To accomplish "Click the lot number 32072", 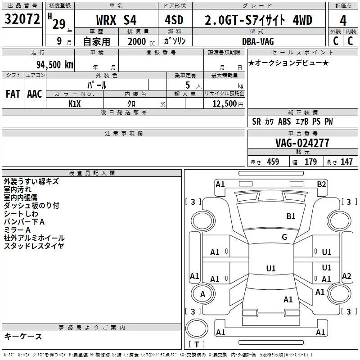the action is (x=22, y=19).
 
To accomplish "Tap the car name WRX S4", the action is (x=116, y=20).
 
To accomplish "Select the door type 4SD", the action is (x=174, y=20).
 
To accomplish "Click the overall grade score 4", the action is (x=343, y=21).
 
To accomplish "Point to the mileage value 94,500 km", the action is (x=55, y=65).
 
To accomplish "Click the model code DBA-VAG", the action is (x=258, y=41).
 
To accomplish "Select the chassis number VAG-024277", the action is (x=302, y=143).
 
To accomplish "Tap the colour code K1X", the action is (x=75, y=104).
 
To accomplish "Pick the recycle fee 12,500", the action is (x=225, y=103).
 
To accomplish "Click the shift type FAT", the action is (x=13, y=94).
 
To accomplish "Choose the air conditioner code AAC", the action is (x=35, y=94).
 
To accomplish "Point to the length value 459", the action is (x=273, y=162).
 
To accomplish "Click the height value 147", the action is (x=346, y=162).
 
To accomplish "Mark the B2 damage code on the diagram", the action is (x=321, y=184).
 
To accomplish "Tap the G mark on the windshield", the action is (x=284, y=237).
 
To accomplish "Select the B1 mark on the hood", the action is (x=291, y=216).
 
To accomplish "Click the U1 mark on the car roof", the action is (x=271, y=268).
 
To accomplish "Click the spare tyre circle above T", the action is (x=197, y=319).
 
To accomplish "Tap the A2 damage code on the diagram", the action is (x=346, y=276).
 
